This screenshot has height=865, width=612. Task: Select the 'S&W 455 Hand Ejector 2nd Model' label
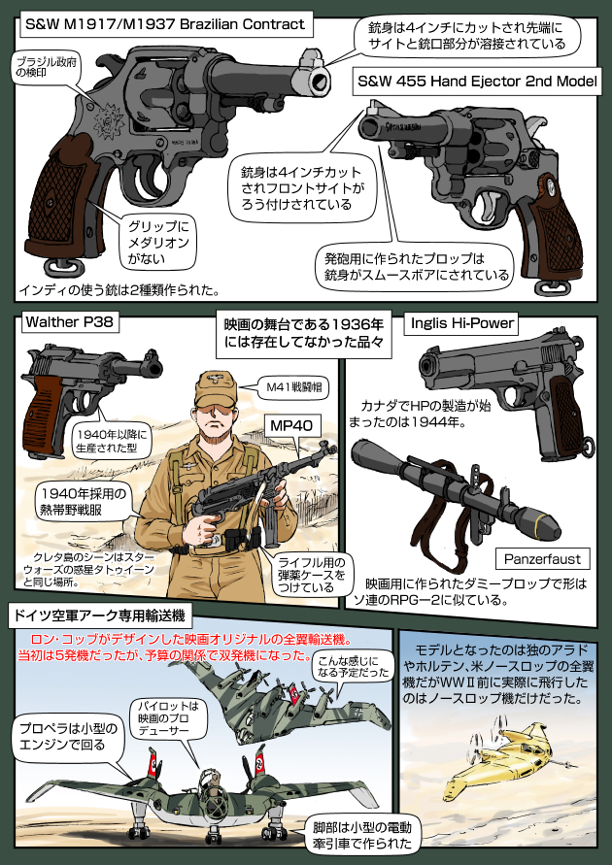[x=477, y=83]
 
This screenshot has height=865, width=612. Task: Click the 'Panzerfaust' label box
[x=542, y=559]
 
